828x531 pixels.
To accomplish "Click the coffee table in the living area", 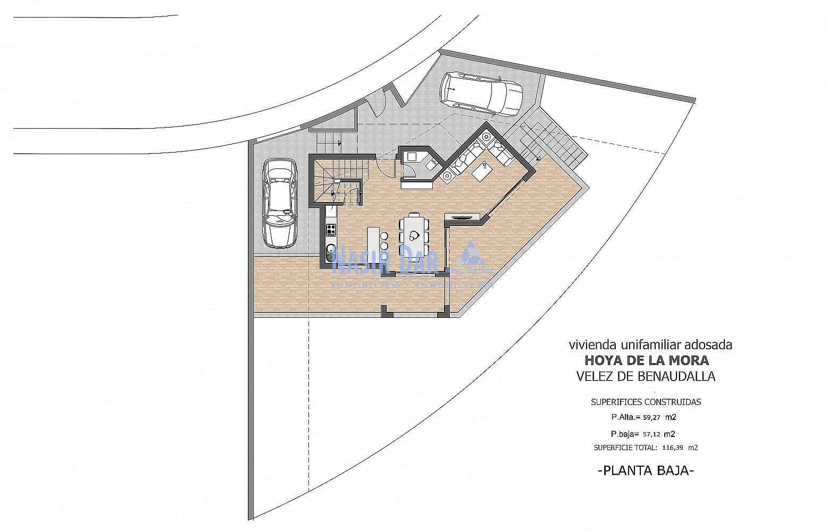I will click(x=482, y=171).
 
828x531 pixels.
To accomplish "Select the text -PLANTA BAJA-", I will click(x=646, y=470).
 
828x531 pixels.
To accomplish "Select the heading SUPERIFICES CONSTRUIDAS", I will click(x=646, y=402).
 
